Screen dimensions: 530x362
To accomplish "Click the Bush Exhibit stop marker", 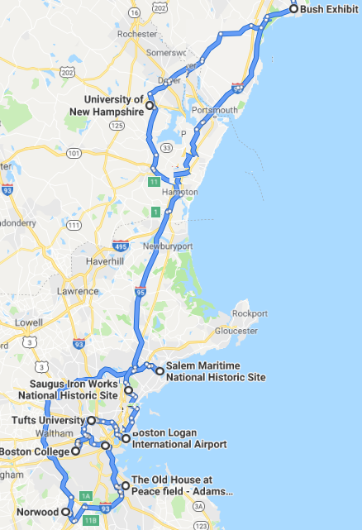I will pos(293,9).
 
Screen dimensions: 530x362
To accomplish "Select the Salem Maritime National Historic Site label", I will pos(216,371).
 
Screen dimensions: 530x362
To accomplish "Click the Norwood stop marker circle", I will pos(67,513).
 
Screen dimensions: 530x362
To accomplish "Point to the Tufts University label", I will pos(48,421).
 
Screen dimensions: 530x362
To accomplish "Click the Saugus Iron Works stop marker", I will pos(128,389).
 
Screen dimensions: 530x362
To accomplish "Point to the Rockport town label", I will pos(250,313).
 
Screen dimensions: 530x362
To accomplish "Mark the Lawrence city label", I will pos(77,291).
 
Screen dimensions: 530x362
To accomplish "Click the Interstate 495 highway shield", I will pos(121,246).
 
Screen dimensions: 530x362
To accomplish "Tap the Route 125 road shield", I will pos(117,125).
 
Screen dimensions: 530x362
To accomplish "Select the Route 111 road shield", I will pos(74,225).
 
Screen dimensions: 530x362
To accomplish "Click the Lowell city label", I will pos(29,322).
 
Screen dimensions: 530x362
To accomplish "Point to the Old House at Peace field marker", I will pos(125,485).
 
